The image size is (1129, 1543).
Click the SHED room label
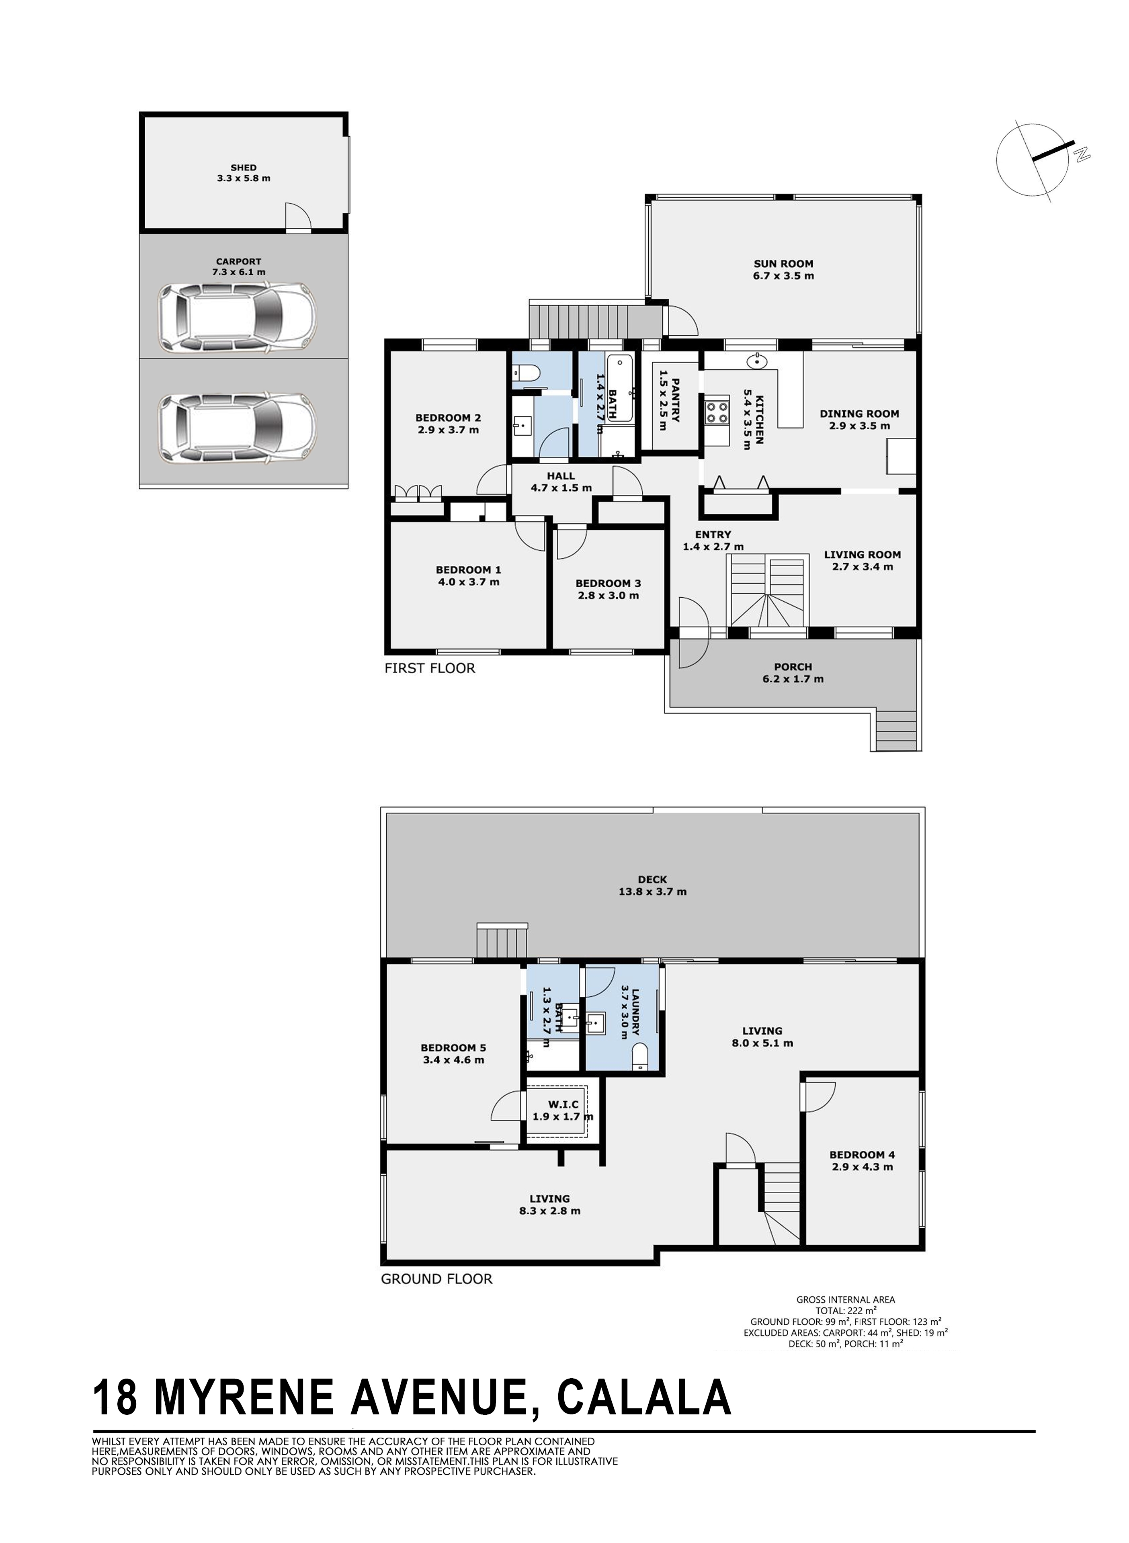pos(243,168)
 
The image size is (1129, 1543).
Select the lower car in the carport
pos(237,429)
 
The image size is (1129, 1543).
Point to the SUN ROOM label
pos(783,264)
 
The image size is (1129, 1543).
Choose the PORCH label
pos(793,667)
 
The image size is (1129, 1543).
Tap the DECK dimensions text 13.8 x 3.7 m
pos(652,892)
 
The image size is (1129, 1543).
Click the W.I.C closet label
pos(563,1105)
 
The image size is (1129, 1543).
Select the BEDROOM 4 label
pos(862,1155)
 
